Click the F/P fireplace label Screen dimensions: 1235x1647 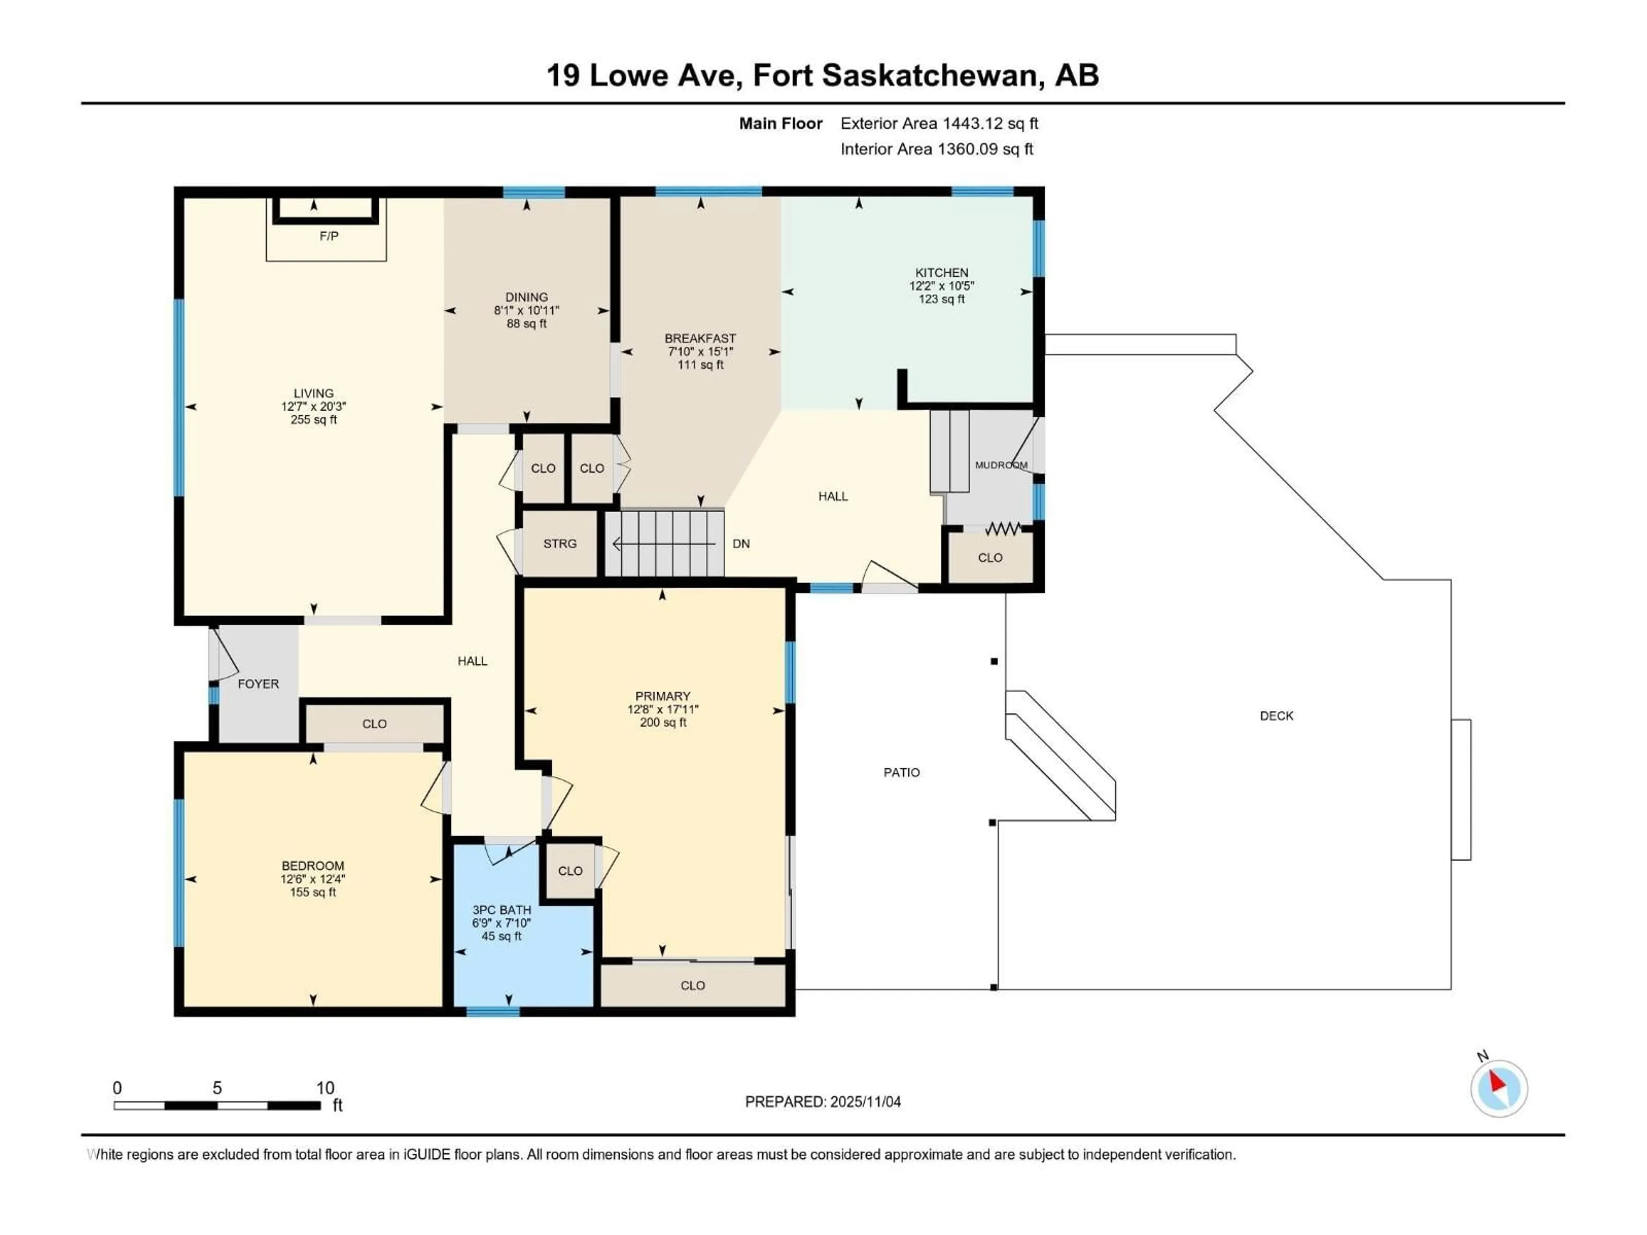[329, 236]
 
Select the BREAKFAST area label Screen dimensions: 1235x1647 [700, 338]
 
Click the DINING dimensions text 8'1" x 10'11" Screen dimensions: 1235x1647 [526, 310]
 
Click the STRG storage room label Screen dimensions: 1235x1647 [559, 543]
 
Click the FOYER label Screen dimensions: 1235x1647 [258, 684]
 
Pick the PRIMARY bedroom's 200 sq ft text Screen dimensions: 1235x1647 [663, 722]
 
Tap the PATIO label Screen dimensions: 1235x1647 [901, 773]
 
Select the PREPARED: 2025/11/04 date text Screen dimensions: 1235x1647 [823, 1102]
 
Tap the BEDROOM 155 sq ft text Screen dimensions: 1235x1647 [313, 892]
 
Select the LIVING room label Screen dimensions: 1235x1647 [314, 393]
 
